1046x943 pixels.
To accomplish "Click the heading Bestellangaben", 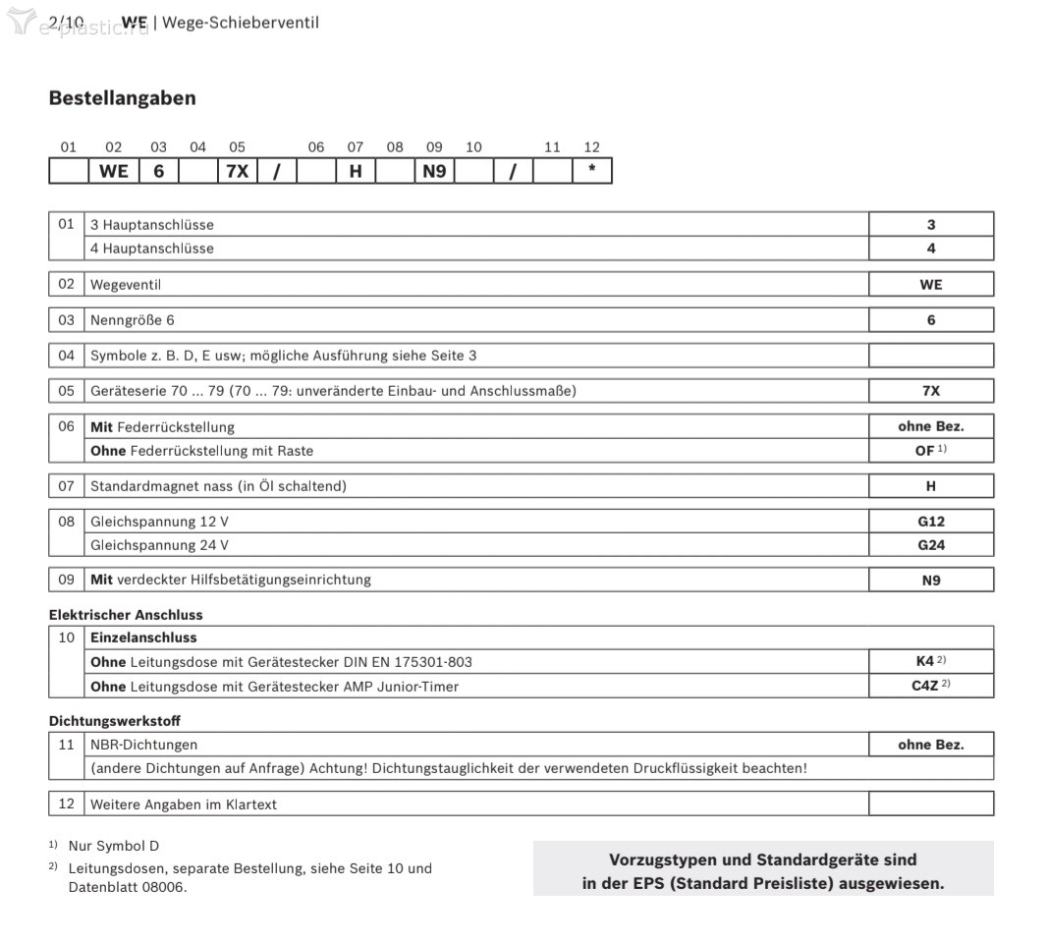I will [122, 98].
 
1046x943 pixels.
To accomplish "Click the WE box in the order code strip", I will [114, 171].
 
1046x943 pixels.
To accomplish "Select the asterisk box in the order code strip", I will [591, 171].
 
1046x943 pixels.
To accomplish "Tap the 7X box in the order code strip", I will [237, 171].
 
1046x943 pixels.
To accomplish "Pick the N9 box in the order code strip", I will [434, 171].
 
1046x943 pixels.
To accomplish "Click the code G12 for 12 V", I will [930, 522].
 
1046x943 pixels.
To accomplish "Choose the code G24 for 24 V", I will [930, 545].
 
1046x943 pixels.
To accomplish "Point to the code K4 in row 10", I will [924, 662].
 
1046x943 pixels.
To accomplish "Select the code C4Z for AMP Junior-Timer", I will [924, 686].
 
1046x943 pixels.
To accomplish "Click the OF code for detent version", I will [924, 451].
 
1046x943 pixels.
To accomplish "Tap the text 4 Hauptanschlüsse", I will [152, 249].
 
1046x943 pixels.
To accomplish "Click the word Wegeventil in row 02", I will [126, 285].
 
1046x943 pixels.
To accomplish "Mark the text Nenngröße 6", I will [133, 320].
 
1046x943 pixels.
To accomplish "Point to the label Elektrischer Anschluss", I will [126, 615].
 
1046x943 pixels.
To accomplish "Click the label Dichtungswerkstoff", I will [115, 721].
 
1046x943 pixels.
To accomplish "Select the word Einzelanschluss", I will [143, 638].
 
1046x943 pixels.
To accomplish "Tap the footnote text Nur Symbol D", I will [113, 846].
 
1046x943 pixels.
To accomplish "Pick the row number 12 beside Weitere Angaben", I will [66, 804].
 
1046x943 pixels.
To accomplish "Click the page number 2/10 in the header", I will [66, 22].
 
